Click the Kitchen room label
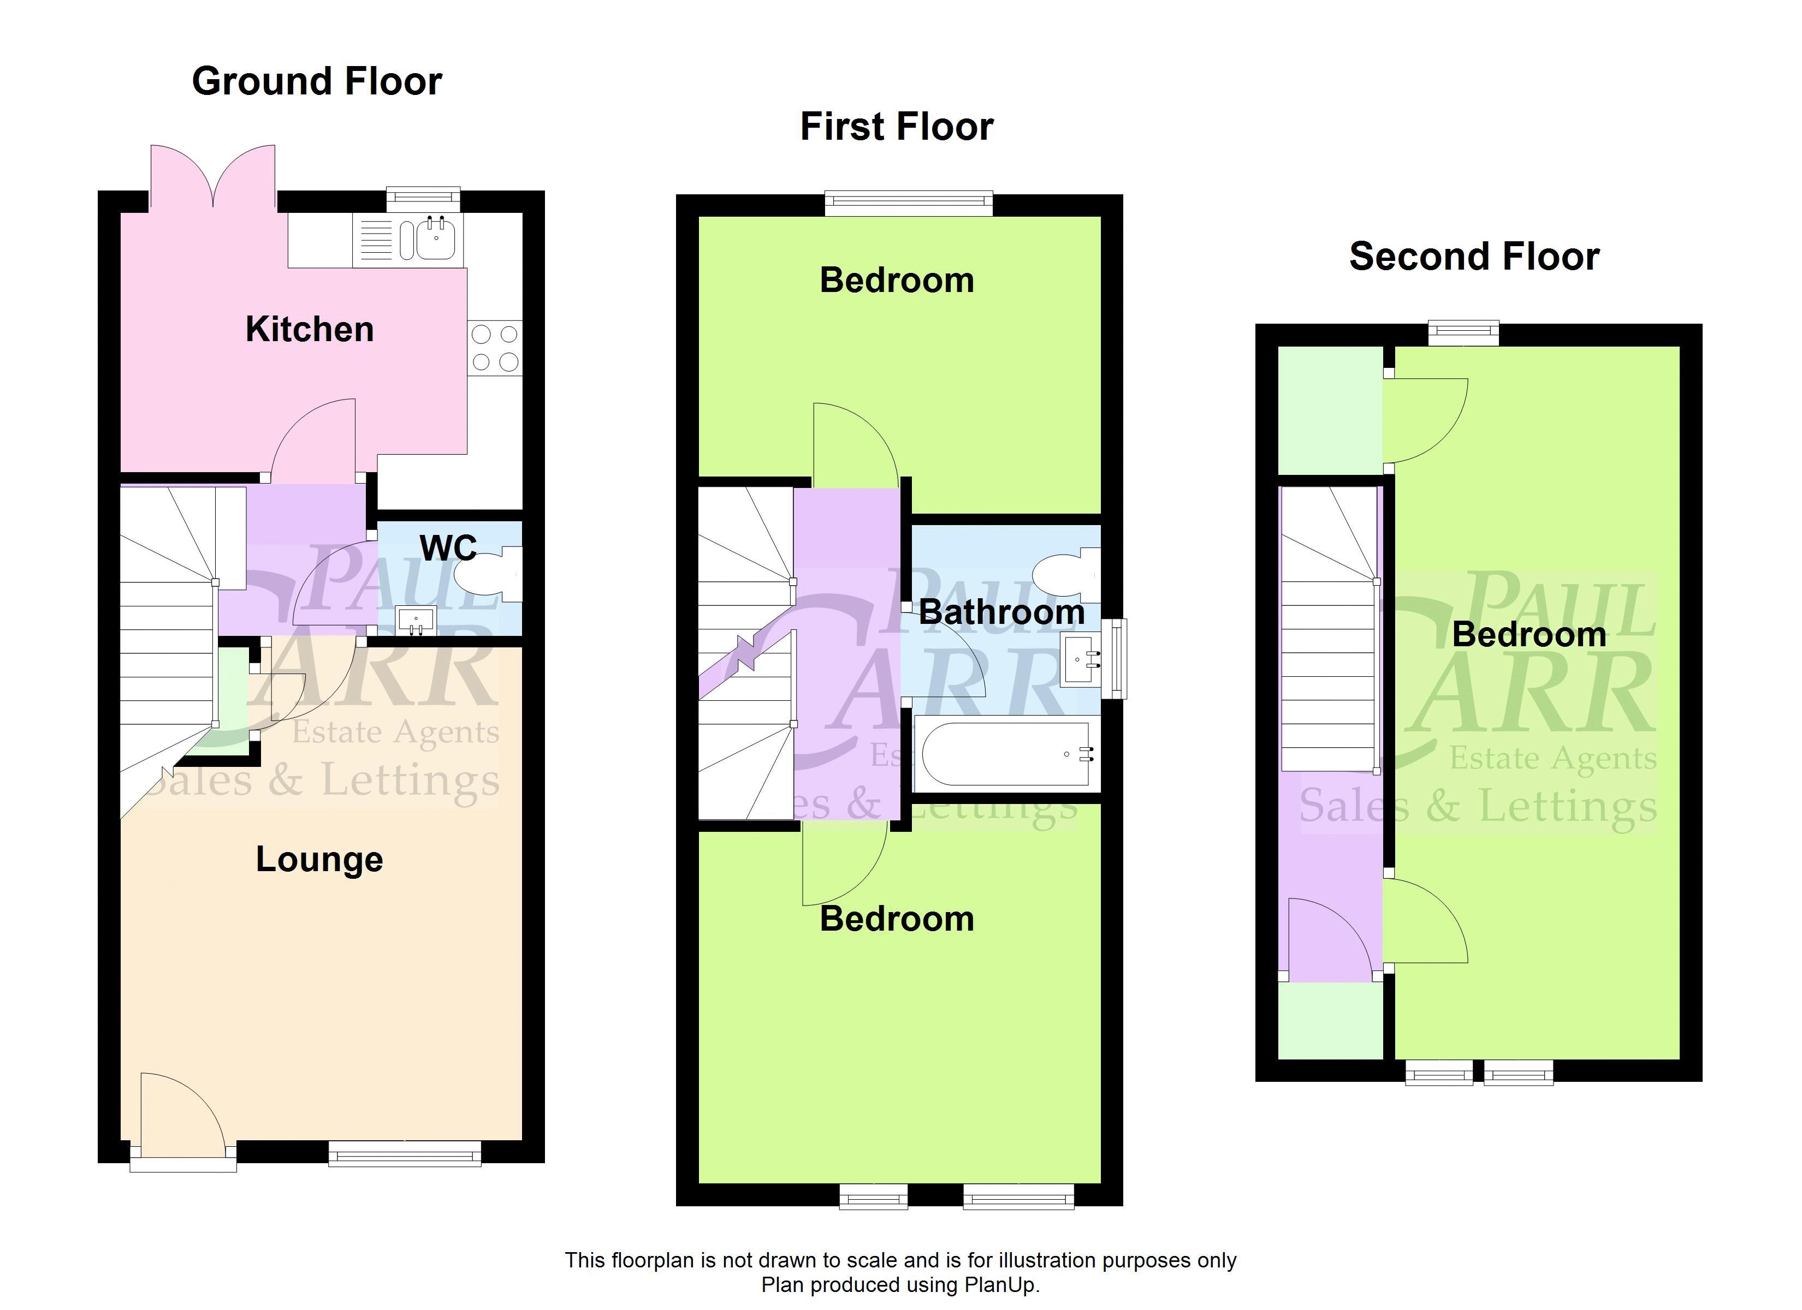(x=310, y=329)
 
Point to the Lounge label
(x=319, y=860)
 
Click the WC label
(x=448, y=547)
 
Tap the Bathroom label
(x=1002, y=612)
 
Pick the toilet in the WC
(x=490, y=574)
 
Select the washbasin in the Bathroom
(x=1081, y=659)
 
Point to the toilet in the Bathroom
(x=1067, y=577)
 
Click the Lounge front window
(x=405, y=1153)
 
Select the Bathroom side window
(x=1117, y=659)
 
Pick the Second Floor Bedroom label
(x=1528, y=635)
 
